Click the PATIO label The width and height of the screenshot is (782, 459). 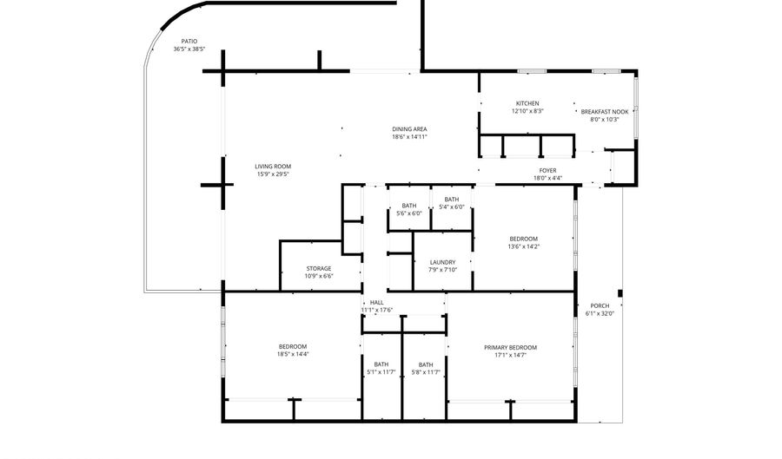189,42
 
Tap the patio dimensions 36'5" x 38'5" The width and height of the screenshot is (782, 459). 189,49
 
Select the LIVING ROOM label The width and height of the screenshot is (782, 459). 273,167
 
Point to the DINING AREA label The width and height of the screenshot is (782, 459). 409,129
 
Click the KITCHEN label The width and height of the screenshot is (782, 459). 527,103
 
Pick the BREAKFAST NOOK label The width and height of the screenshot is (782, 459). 605,112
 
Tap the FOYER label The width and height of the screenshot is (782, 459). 547,170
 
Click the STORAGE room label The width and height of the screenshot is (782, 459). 319,269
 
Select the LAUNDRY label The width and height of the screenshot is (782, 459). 442,262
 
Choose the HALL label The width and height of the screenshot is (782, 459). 377,303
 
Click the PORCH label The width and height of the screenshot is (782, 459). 600,305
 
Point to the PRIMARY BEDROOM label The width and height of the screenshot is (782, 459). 510,347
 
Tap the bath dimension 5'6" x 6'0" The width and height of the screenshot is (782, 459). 409,213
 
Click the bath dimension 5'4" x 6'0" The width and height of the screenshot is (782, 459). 451,207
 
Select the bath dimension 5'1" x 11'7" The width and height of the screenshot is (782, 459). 381,372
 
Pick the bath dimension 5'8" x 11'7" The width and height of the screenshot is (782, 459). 426,372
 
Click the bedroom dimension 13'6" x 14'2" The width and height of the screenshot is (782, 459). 524,246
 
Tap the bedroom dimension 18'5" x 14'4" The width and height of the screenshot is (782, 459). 293,355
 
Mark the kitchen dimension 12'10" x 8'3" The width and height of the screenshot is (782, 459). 527,112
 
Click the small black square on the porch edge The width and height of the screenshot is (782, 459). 620,294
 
